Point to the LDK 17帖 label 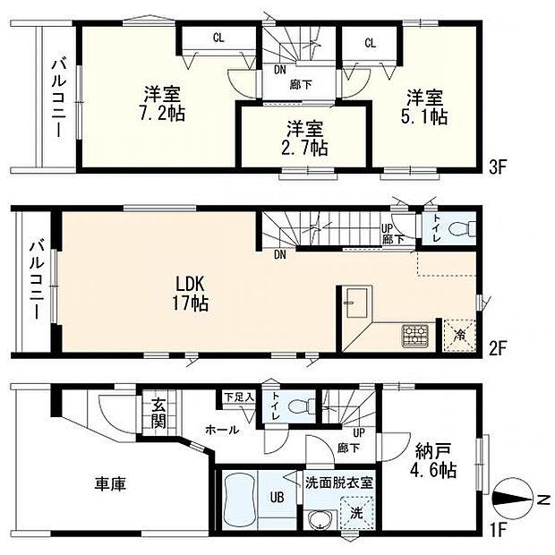click(191, 295)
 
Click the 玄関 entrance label click(158, 414)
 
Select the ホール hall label click(221, 430)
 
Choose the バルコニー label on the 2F click(36, 279)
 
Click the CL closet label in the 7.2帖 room click(218, 38)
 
